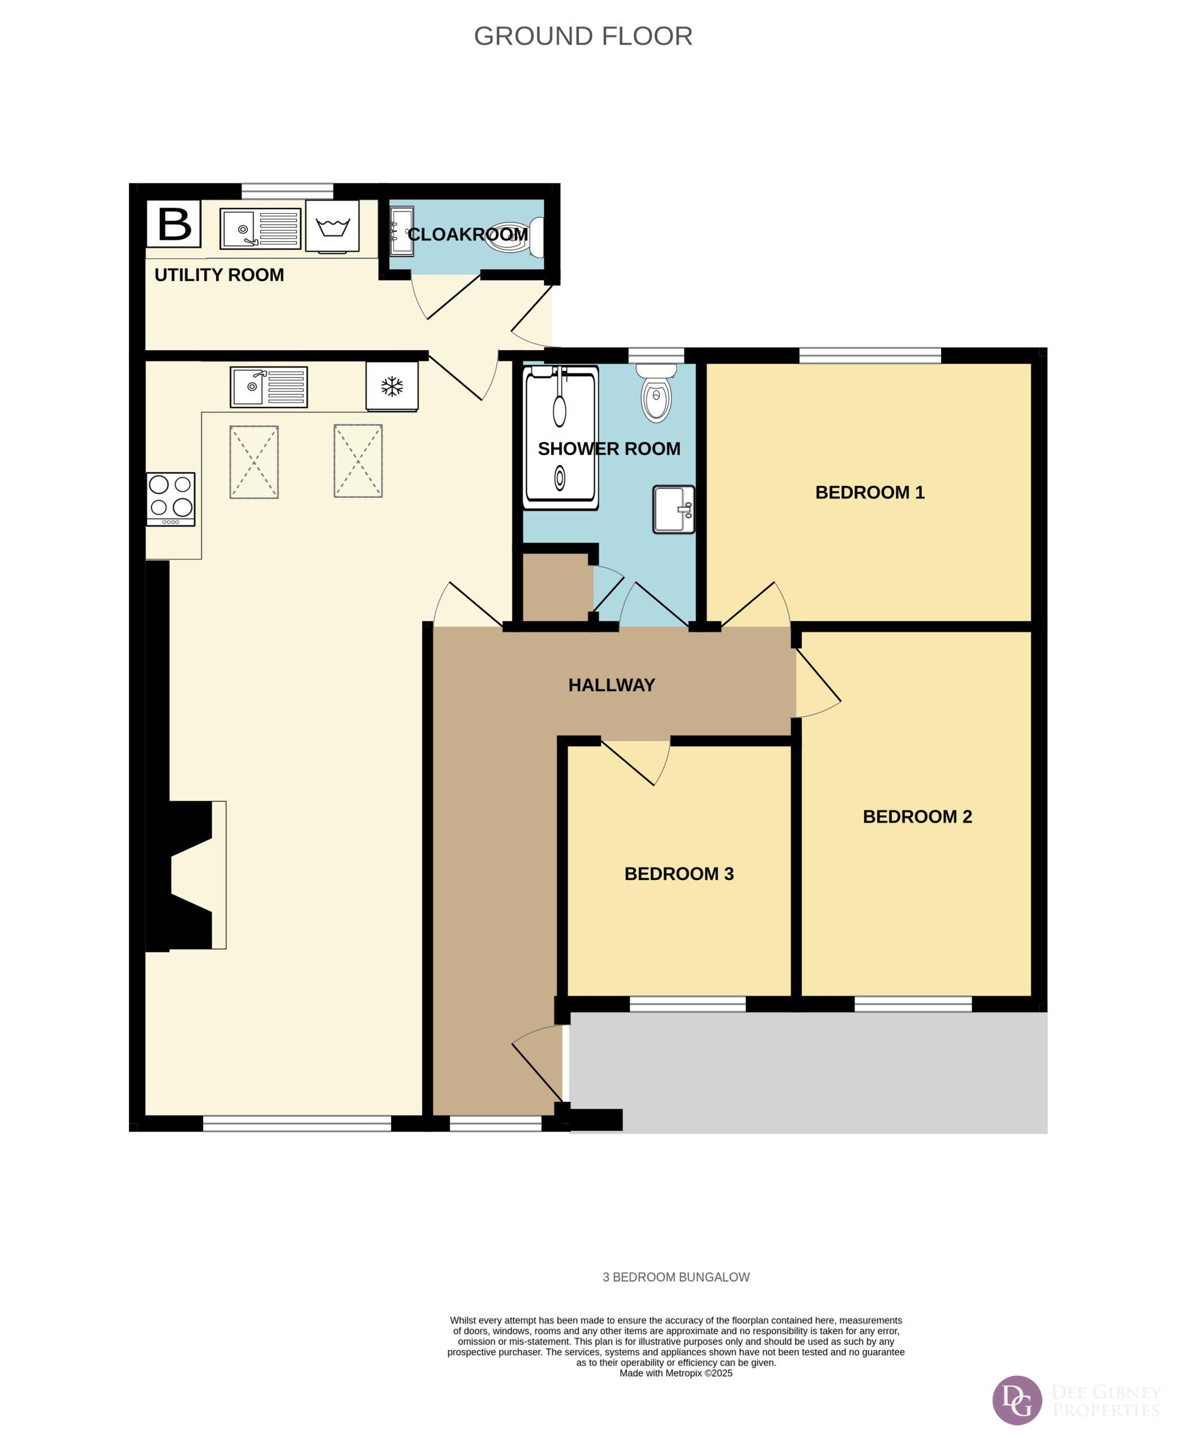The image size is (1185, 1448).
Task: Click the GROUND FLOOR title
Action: (x=583, y=36)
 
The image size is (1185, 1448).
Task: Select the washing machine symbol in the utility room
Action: (x=332, y=226)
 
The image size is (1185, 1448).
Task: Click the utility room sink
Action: (x=260, y=229)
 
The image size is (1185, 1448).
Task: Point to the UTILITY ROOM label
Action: (x=219, y=275)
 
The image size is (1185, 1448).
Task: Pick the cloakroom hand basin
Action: (x=401, y=232)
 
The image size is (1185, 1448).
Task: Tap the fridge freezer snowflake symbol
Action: (x=392, y=387)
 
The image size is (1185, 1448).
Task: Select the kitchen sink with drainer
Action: (x=269, y=387)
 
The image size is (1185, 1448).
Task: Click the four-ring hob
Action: (x=171, y=499)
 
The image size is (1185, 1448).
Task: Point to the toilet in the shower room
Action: (x=656, y=393)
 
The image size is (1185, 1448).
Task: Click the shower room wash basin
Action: (x=674, y=510)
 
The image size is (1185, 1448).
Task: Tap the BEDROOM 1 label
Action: (x=870, y=493)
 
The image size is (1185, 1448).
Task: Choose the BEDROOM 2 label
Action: (x=917, y=817)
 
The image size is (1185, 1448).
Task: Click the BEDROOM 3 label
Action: (x=679, y=874)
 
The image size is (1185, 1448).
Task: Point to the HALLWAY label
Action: (x=612, y=685)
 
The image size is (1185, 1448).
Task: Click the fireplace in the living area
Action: (x=186, y=875)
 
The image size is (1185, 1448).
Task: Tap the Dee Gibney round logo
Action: (x=1017, y=1400)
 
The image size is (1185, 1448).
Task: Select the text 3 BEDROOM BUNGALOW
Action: (x=676, y=1277)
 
